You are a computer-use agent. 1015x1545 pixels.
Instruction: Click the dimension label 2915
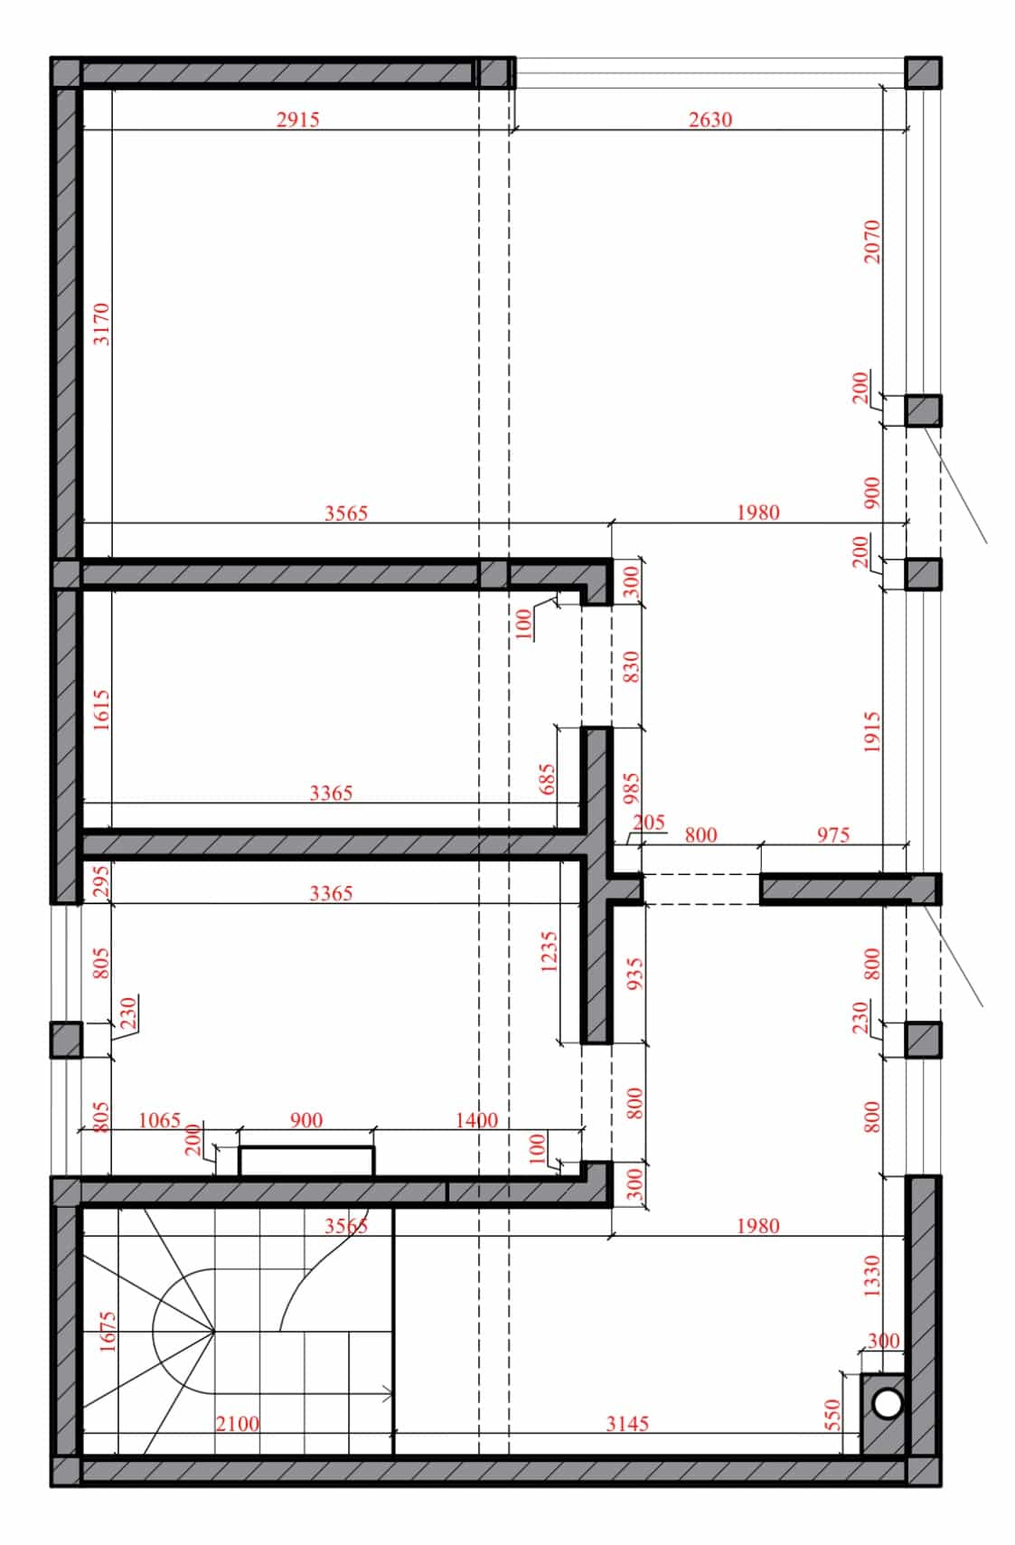coord(298,119)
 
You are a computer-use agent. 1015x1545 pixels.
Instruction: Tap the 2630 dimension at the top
coord(710,119)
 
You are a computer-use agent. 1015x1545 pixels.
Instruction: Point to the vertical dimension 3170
coord(101,324)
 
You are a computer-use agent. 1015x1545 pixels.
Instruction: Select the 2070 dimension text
coord(872,241)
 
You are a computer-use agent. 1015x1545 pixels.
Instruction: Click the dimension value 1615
coord(101,710)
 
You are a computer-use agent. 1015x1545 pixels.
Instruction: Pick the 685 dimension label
coord(547,778)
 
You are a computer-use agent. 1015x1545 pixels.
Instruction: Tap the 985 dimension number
coord(631,788)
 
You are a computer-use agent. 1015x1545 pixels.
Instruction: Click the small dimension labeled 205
coord(649,822)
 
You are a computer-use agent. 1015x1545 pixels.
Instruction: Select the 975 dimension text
coord(833,834)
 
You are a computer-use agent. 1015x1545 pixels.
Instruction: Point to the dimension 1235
coord(549,952)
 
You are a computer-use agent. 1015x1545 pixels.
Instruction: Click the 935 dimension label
coord(635,974)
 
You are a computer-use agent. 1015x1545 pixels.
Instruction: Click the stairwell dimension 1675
coord(108,1331)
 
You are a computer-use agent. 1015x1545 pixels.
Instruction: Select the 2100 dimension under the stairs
coord(237,1423)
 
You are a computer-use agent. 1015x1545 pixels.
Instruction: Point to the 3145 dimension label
coord(627,1423)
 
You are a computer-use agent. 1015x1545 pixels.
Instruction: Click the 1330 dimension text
coord(872,1276)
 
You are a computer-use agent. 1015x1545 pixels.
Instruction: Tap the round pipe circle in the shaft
coord(888,1403)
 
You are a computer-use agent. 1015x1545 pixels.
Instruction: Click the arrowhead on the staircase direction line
coord(388,1394)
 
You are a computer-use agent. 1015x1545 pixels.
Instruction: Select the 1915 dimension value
coord(872,731)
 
